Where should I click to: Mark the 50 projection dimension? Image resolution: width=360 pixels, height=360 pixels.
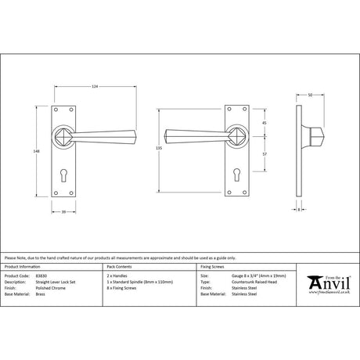coord(310,95)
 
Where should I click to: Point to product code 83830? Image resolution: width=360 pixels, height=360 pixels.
coord(44,276)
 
